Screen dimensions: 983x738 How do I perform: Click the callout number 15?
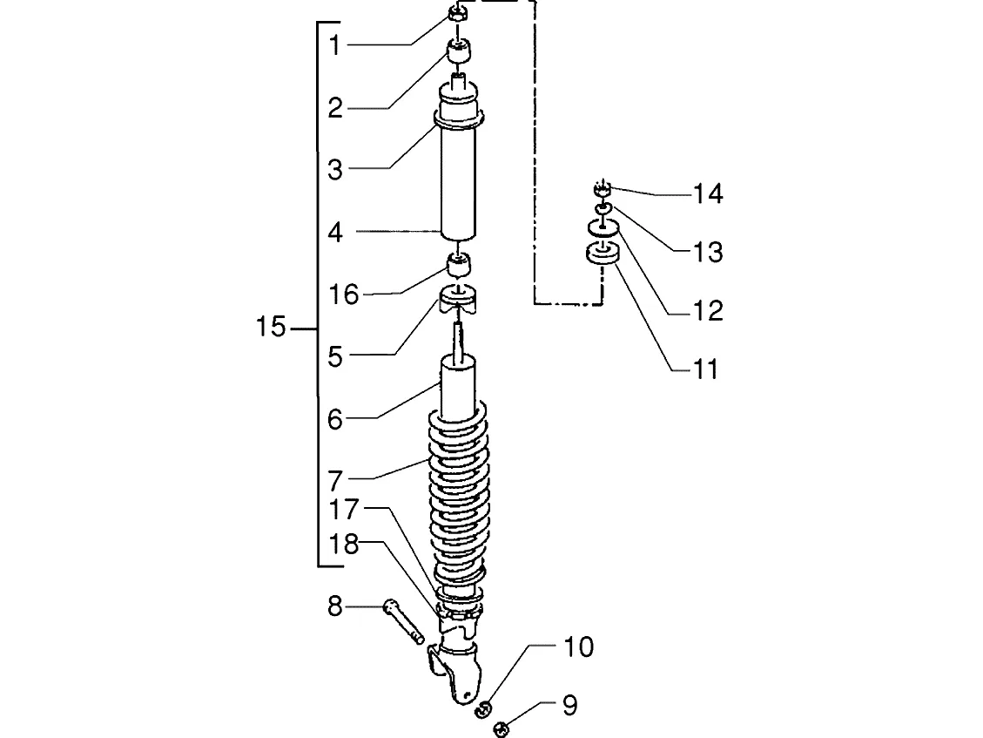(x=271, y=327)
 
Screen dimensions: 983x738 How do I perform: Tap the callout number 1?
(x=335, y=45)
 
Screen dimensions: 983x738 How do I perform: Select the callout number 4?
(x=336, y=232)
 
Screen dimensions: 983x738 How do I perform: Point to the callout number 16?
(x=344, y=294)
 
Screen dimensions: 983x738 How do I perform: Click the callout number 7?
(x=336, y=481)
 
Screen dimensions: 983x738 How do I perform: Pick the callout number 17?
(x=344, y=510)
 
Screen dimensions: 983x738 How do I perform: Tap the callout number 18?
(x=344, y=544)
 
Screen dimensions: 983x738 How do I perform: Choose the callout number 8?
(x=336, y=606)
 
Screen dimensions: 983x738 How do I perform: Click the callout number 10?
(x=579, y=647)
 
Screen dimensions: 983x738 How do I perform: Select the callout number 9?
(x=570, y=706)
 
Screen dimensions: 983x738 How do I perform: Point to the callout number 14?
(x=708, y=194)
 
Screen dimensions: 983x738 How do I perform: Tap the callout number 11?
(x=705, y=369)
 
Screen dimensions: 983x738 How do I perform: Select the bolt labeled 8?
(x=403, y=621)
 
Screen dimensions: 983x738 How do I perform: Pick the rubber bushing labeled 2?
(x=459, y=51)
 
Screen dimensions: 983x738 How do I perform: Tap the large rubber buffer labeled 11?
(x=603, y=254)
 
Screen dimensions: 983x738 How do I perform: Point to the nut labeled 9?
(x=502, y=728)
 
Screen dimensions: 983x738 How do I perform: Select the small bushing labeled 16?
(x=459, y=266)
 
